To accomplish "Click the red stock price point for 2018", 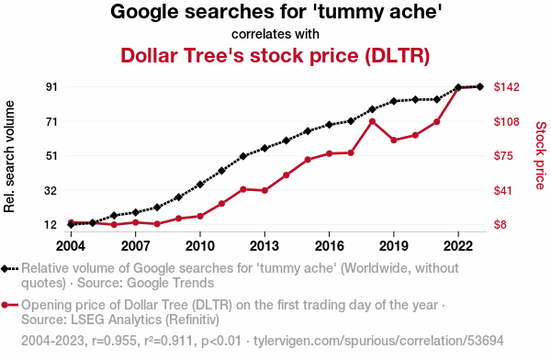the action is pyautogui.click(x=373, y=121).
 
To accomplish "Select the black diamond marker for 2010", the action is pyautogui.click(x=200, y=185).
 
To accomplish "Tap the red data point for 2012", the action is pyautogui.click(x=243, y=189).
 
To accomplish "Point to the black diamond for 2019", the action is pyautogui.click(x=394, y=101).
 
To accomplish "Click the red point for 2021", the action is pyautogui.click(x=437, y=122).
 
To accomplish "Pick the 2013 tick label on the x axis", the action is pyautogui.click(x=264, y=246).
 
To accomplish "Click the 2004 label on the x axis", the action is pyautogui.click(x=71, y=246).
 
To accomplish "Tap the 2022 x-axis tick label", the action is pyautogui.click(x=458, y=246).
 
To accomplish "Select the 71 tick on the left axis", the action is pyautogui.click(x=51, y=121).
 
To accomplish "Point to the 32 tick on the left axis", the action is pyautogui.click(x=51, y=191).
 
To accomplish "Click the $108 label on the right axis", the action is pyautogui.click(x=506, y=121).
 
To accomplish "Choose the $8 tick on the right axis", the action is pyautogui.click(x=500, y=225).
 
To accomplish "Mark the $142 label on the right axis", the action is pyautogui.click(x=506, y=87).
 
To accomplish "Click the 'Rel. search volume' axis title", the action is pyautogui.click(x=9, y=156).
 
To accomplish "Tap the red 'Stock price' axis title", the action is pyautogui.click(x=541, y=155).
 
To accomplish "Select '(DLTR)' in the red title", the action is pyautogui.click(x=397, y=55).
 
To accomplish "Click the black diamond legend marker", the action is pyautogui.click(x=5, y=269).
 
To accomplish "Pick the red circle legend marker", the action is pyautogui.click(x=5, y=305).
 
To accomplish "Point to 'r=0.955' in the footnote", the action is pyautogui.click(x=114, y=341).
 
